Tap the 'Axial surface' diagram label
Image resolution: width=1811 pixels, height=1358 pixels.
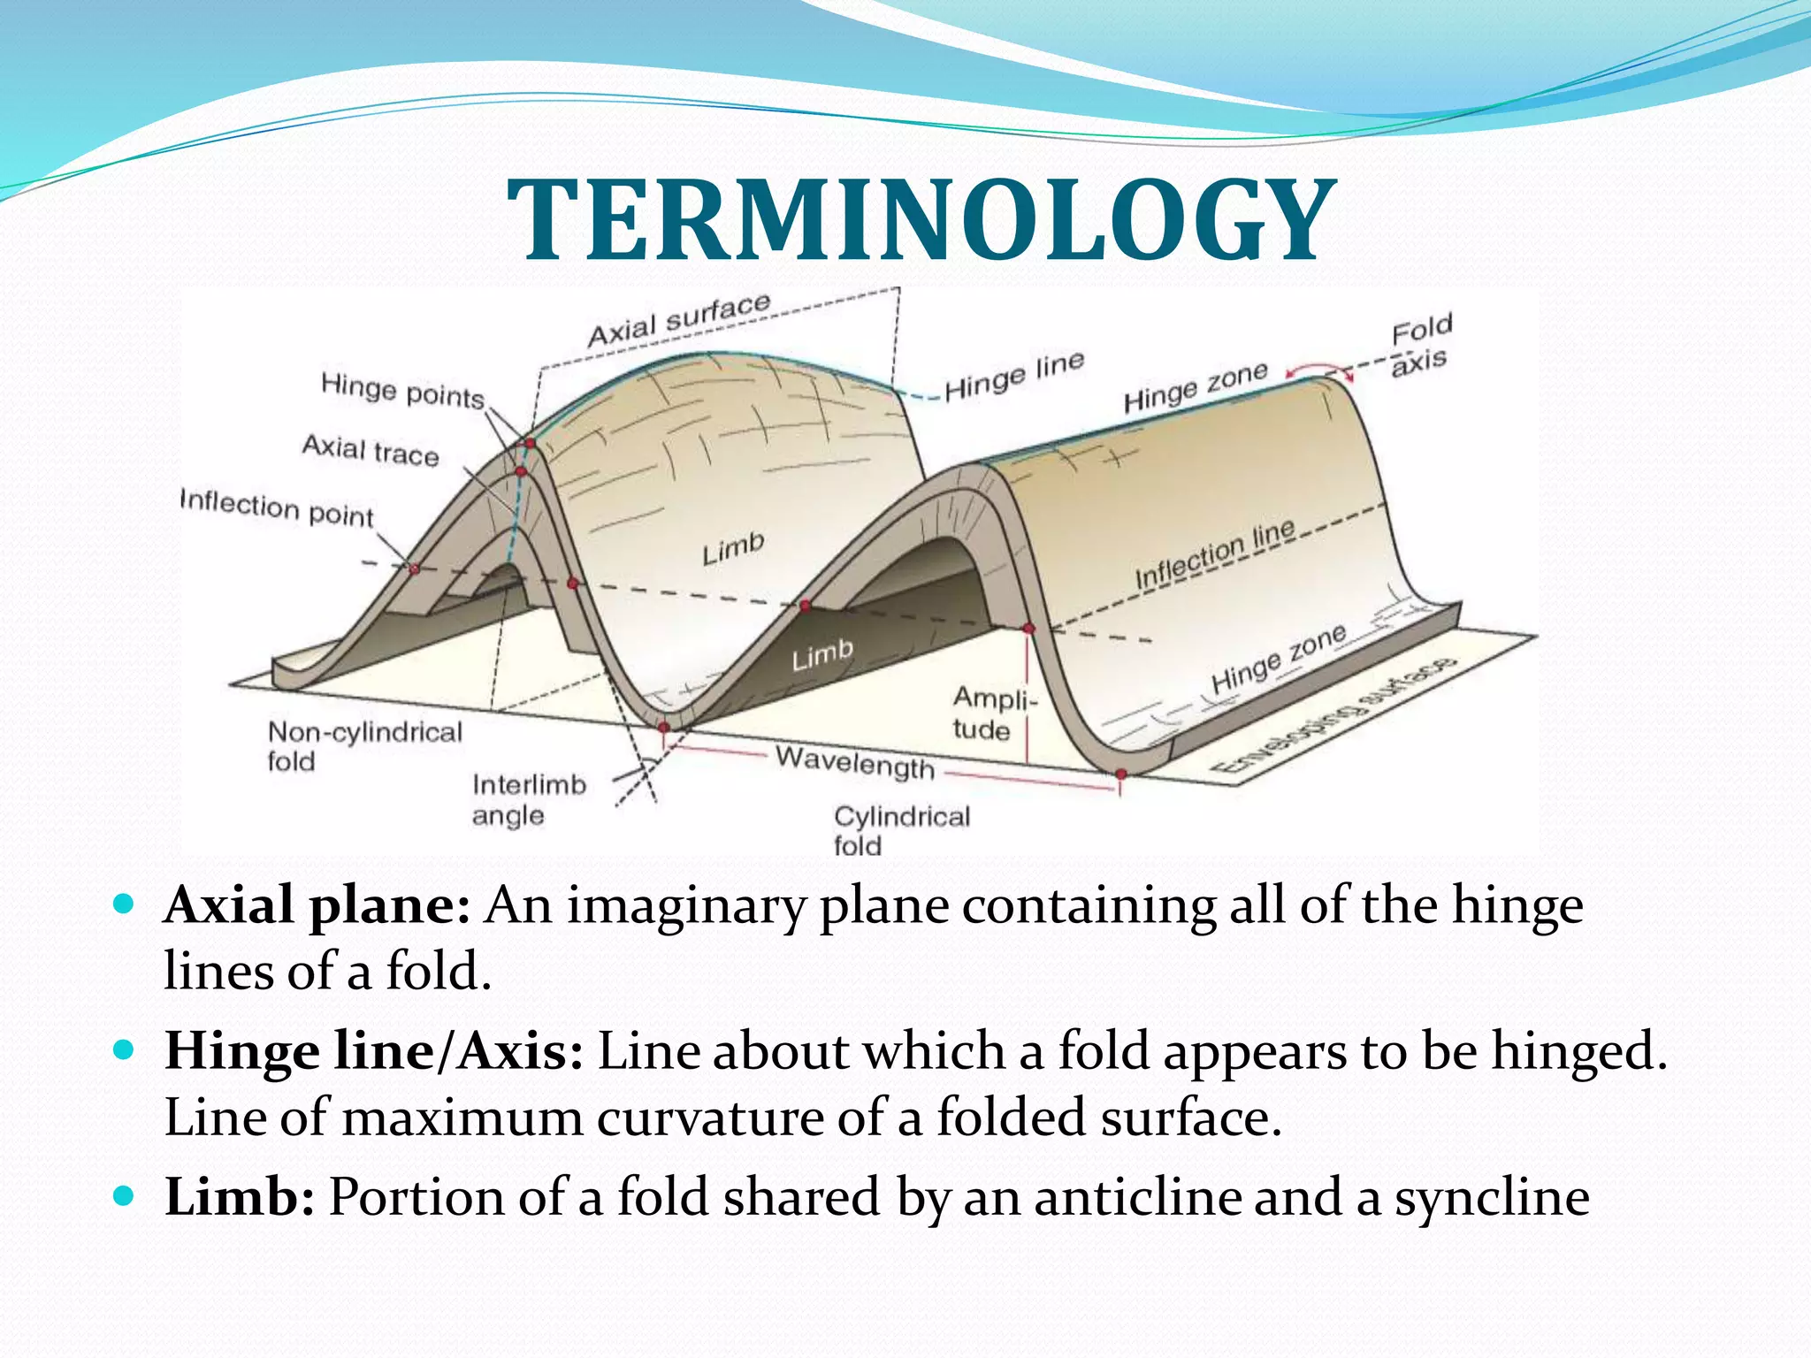click(678, 320)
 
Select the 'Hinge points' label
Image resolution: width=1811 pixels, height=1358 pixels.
click(402, 391)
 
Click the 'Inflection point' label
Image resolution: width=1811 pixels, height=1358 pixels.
click(277, 508)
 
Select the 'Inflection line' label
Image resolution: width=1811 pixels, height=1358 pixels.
click(1216, 553)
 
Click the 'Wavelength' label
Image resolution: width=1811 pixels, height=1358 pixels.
click(854, 762)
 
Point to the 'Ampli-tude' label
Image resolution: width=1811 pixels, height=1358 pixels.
click(991, 713)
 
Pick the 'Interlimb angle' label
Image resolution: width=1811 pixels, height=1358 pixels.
click(528, 799)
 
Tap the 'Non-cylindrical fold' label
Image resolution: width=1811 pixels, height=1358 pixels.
click(363, 745)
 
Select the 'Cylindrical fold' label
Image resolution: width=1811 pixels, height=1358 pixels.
click(900, 829)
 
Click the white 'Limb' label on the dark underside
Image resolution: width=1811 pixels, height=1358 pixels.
click(822, 655)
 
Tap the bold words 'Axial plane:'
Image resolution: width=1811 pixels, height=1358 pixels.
click(317, 905)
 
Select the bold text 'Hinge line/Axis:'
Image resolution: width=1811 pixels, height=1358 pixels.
click(373, 1051)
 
